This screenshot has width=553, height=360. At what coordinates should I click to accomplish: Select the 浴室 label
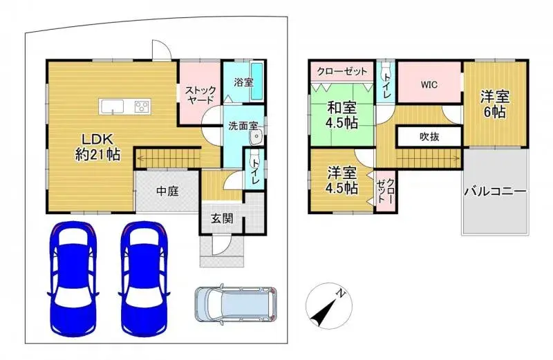243,82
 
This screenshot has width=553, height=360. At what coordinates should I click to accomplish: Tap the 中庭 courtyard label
167,191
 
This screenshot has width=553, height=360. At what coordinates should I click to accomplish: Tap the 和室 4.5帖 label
342,115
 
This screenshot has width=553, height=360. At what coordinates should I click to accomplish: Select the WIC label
429,85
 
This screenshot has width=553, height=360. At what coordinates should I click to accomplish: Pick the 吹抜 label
429,137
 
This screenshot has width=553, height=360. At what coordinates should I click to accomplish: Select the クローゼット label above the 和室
341,71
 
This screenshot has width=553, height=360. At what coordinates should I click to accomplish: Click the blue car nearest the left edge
70,276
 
